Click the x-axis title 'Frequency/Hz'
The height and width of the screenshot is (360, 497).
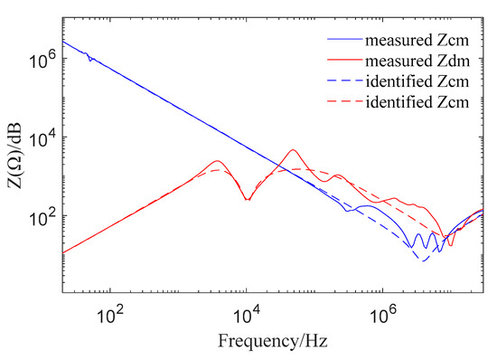coord(273,343)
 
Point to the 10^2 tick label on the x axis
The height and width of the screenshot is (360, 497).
coord(109,317)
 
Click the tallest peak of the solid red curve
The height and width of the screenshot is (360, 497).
coord(293,150)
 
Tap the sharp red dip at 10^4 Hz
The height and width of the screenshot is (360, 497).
coord(247,199)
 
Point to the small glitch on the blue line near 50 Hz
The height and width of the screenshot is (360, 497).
coord(89,60)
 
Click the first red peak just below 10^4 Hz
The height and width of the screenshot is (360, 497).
coord(218,161)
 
